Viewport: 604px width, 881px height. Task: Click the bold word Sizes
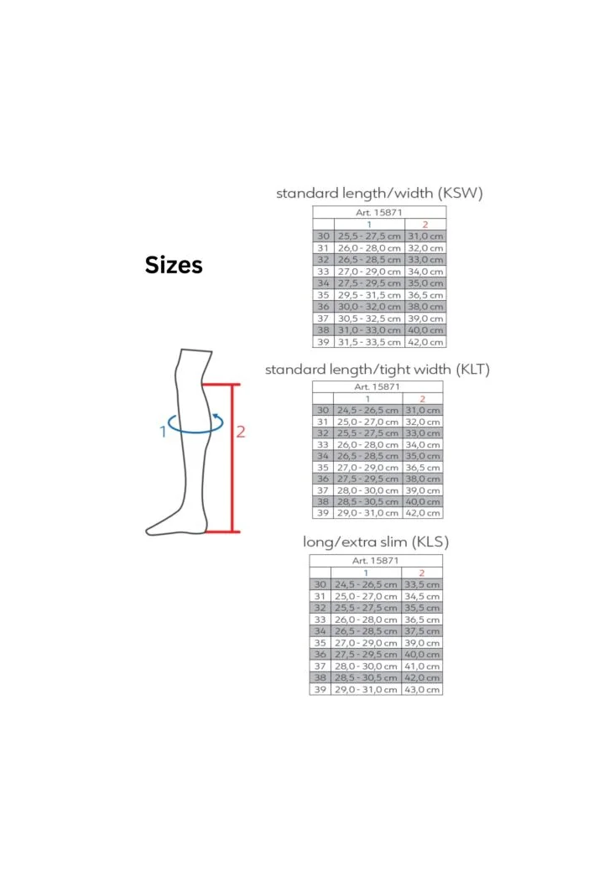point(173,265)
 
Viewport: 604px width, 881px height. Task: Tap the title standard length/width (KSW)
point(379,193)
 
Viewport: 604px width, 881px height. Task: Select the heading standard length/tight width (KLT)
point(377,369)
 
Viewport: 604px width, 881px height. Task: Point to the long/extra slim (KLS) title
point(376,542)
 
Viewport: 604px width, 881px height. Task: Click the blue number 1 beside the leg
point(163,432)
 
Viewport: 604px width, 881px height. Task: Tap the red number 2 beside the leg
point(241,432)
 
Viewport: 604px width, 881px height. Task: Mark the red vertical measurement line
point(232,458)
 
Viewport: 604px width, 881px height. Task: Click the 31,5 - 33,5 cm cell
point(369,342)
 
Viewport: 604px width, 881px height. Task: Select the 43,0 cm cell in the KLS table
point(422,689)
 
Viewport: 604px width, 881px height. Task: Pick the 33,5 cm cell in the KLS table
point(422,584)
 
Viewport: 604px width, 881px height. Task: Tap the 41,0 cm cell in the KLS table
point(422,666)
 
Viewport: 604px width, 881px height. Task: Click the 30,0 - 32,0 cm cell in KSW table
point(369,307)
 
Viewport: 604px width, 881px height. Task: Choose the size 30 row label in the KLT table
point(323,410)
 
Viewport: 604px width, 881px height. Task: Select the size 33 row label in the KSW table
point(323,272)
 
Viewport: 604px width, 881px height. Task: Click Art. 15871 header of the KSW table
point(379,212)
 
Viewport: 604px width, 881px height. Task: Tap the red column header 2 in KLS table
point(422,573)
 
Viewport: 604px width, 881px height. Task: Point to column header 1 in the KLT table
point(367,399)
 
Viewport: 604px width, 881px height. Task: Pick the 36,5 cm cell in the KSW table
point(425,295)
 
